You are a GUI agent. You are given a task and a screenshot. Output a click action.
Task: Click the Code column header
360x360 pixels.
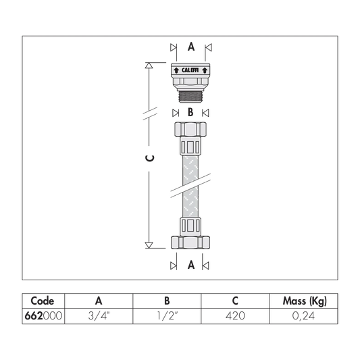pos(43,301)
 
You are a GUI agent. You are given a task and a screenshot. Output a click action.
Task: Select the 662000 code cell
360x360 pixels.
pos(43,316)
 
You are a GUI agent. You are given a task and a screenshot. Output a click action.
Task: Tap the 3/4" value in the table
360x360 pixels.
pos(99,316)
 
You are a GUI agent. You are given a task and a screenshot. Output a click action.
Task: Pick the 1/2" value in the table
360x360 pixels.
pos(168,316)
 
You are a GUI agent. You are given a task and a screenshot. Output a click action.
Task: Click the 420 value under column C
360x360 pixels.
pos(235,316)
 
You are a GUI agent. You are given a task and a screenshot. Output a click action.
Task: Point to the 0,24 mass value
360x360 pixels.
pos(303,316)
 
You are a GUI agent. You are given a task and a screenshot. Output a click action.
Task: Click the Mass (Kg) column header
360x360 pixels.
pos(305,301)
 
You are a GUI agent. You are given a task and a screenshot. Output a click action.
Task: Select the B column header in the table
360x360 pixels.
pos(167,301)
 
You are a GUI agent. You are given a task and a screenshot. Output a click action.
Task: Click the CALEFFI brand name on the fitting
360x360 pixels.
pos(190,70)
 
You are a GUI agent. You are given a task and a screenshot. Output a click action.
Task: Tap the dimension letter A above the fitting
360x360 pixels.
pos(191,47)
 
